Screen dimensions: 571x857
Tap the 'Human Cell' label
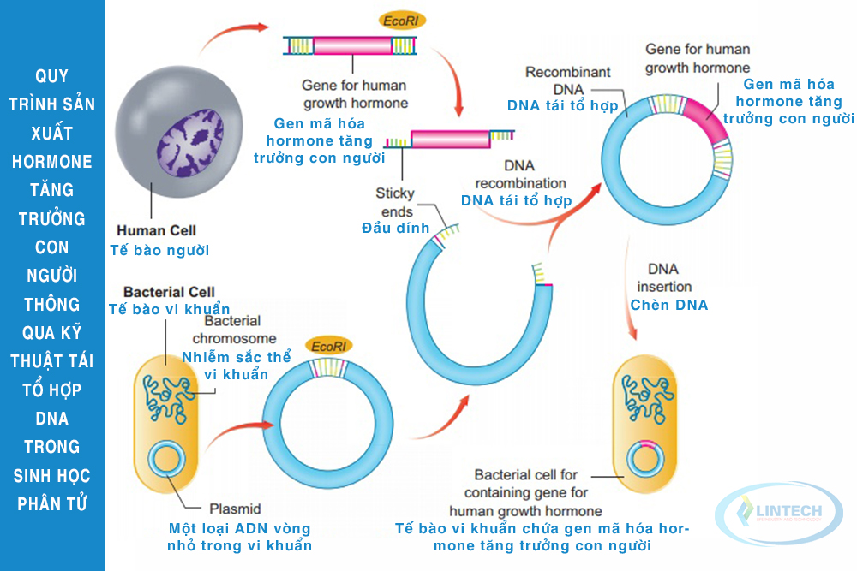pyautogui.click(x=156, y=230)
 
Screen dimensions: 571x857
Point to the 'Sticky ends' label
pyautogui.click(x=394, y=202)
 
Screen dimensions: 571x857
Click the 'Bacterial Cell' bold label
pyautogui.click(x=169, y=291)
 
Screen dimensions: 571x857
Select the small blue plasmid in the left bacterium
pyautogui.click(x=166, y=460)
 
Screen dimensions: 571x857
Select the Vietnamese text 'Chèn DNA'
pyautogui.click(x=669, y=305)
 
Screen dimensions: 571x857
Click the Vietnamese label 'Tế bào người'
pyautogui.click(x=159, y=250)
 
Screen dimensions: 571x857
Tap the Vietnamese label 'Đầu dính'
pyautogui.click(x=395, y=227)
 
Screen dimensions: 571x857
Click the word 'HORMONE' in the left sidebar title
pyautogui.click(x=52, y=161)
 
